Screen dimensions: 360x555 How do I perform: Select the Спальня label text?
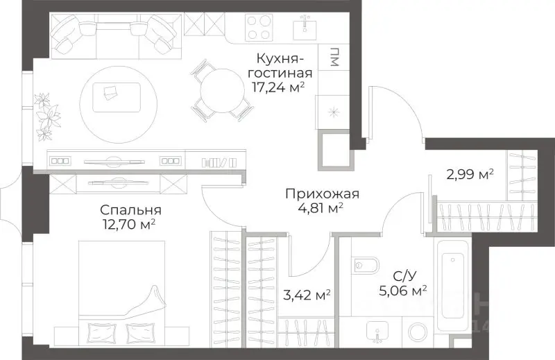coord(130,209)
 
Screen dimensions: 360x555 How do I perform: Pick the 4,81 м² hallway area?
coord(316,207)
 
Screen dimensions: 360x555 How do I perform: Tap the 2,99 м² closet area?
coord(469,174)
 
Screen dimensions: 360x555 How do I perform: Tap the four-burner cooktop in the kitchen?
coord(259,28)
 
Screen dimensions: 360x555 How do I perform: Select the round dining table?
coord(220,89)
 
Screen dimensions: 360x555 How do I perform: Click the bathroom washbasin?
coord(379,332)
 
